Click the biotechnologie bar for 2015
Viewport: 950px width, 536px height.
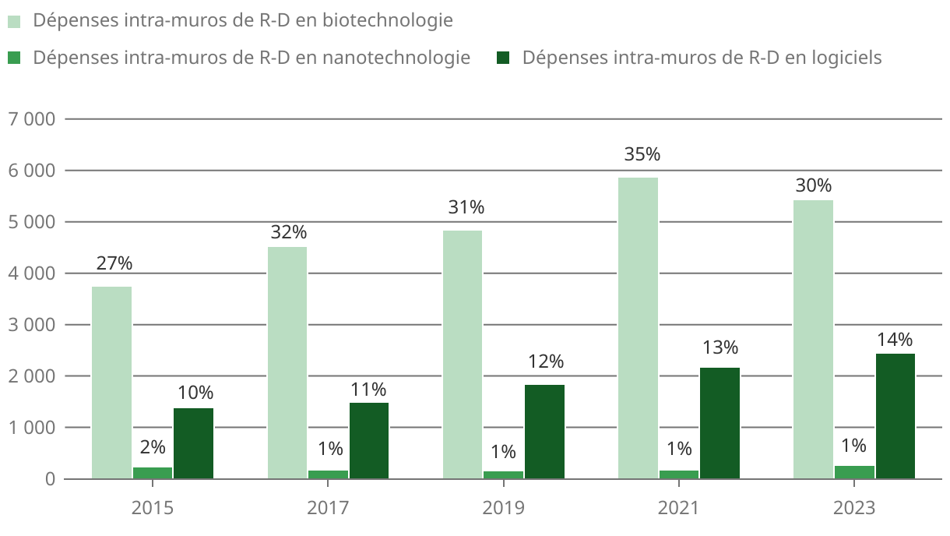coord(111,382)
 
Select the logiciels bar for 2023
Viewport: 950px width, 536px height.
coord(895,416)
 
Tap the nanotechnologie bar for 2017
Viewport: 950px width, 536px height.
coord(328,474)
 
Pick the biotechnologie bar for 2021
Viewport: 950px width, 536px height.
coord(638,327)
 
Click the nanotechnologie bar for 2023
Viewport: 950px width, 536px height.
coord(854,472)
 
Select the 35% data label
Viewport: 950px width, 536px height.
coord(642,154)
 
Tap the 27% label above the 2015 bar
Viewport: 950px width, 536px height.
coord(114,263)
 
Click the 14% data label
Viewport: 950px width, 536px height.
coord(894,340)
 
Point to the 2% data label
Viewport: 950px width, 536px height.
coord(153,447)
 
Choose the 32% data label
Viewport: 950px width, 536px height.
coord(289,232)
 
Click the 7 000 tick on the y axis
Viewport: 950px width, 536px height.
coord(31,119)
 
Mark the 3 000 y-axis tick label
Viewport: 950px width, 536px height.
coord(31,325)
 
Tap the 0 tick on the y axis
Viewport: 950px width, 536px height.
coord(50,479)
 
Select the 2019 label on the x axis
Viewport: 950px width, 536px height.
coord(503,509)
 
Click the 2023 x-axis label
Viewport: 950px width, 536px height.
coord(854,509)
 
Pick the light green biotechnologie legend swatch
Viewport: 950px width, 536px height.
coord(15,21)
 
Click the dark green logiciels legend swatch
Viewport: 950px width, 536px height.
coord(502,58)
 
